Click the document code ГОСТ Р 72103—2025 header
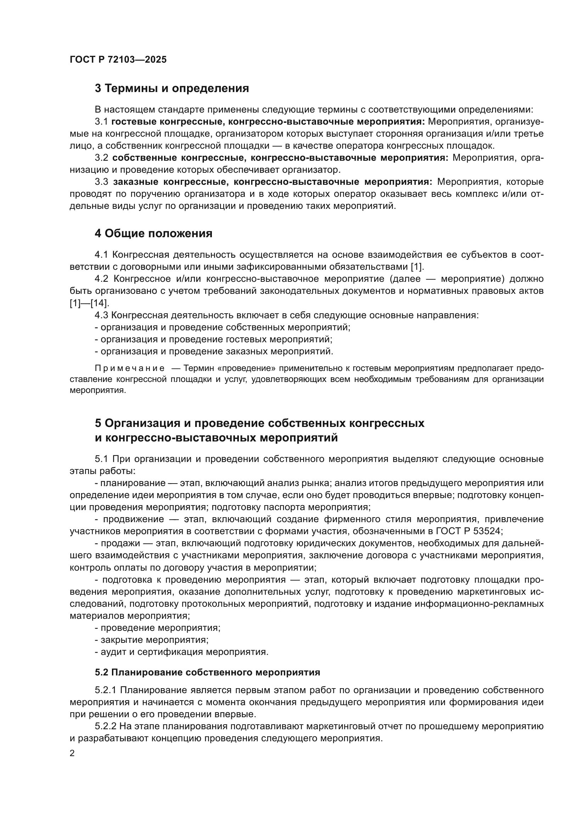118,60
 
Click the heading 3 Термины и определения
172,88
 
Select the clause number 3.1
101,122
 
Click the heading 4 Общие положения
153,234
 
